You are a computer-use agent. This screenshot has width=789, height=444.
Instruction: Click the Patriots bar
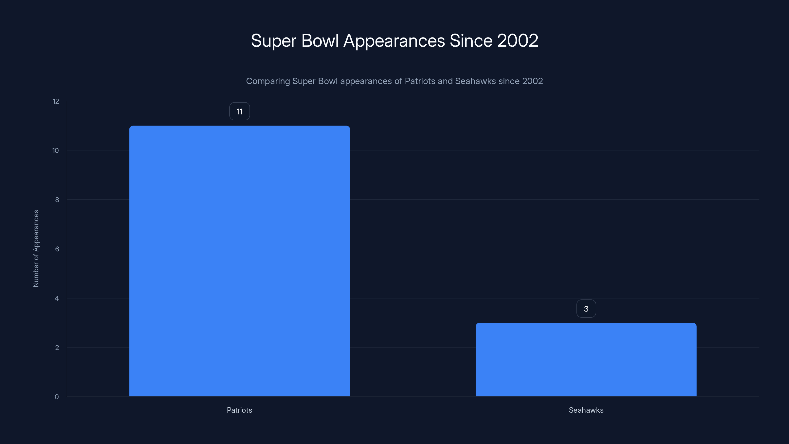click(x=239, y=261)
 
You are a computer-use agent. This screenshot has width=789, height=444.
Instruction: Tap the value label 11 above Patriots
click(x=239, y=111)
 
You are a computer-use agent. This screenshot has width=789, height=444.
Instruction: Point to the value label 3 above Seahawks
click(x=586, y=309)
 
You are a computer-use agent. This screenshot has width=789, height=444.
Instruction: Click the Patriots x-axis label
click(x=239, y=410)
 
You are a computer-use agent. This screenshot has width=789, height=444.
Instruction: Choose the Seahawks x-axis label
click(x=586, y=410)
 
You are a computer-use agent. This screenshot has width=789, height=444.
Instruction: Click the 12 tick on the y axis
click(x=56, y=101)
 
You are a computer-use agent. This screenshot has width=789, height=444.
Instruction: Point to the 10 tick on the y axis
click(x=55, y=150)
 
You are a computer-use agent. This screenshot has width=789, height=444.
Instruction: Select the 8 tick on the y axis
click(x=57, y=200)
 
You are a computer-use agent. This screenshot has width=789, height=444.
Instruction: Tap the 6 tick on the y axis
click(x=57, y=249)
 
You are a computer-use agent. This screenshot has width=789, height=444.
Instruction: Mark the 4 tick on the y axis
click(x=57, y=298)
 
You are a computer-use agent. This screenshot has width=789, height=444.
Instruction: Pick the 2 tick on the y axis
click(x=57, y=348)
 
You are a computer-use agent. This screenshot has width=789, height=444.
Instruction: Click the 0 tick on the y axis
click(x=57, y=397)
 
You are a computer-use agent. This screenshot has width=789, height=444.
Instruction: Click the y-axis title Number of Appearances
click(x=36, y=248)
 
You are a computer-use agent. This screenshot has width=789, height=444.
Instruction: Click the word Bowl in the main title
click(x=320, y=40)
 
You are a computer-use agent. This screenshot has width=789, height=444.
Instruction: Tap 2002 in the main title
click(x=517, y=40)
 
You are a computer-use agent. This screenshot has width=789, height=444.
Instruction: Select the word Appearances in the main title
click(x=394, y=41)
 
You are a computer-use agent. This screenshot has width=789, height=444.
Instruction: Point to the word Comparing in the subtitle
click(x=268, y=81)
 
